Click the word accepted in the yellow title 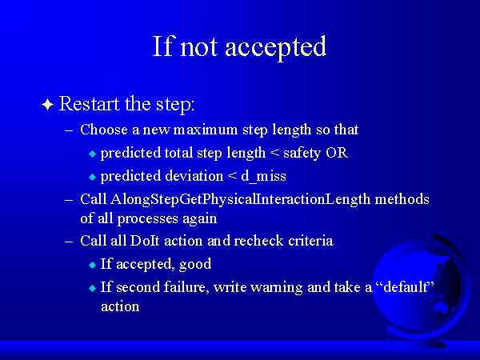pos(275,47)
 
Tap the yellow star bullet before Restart pos(47,105)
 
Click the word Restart pos(89,103)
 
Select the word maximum pos(205,130)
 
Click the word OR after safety pos(337,153)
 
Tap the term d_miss pos(263,177)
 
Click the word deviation pos(194,176)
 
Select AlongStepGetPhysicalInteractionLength pos(240,200)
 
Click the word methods pos(402,199)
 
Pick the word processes pos(147,219)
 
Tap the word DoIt pos(145,241)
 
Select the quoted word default pos(406,287)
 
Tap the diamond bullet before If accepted pos(93,265)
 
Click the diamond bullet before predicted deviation pos(93,177)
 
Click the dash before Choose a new pos(69,130)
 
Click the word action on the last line pos(120,306)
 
